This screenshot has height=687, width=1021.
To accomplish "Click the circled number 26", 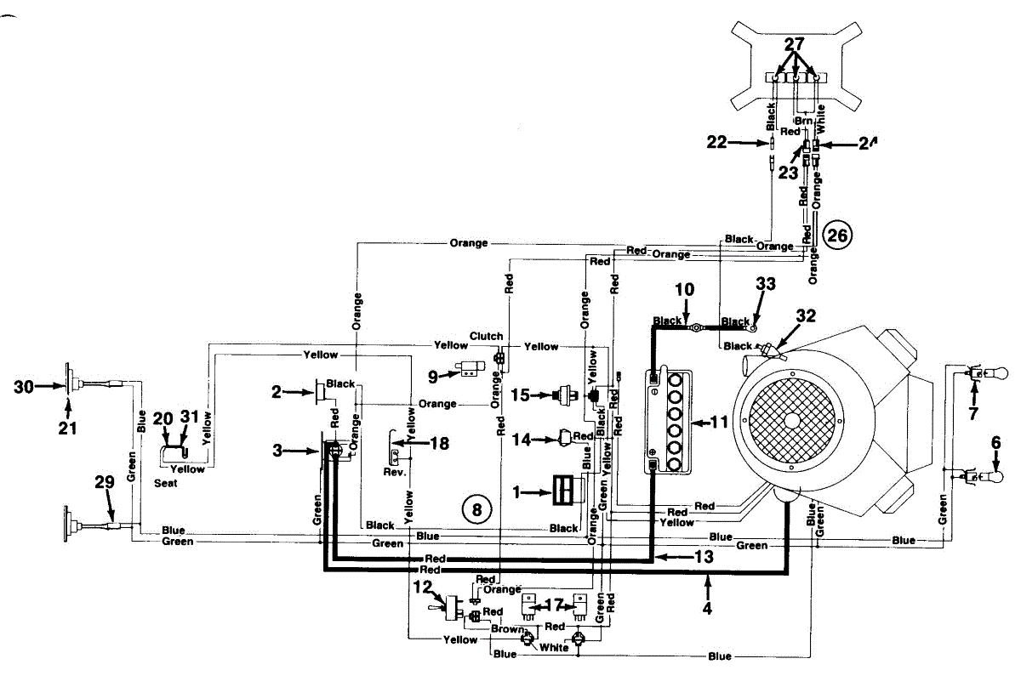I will click(838, 236).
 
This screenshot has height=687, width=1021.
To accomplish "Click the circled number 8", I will click(476, 509).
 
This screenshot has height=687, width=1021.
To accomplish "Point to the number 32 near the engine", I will click(806, 315).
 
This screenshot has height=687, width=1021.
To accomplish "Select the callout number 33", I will click(766, 286).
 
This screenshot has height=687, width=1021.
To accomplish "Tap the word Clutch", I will click(486, 337).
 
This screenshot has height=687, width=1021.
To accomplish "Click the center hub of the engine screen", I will click(792, 419).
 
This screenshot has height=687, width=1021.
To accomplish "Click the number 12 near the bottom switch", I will click(423, 586).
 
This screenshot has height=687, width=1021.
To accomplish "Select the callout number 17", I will click(554, 606).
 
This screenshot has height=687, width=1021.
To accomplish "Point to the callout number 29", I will click(104, 481).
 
